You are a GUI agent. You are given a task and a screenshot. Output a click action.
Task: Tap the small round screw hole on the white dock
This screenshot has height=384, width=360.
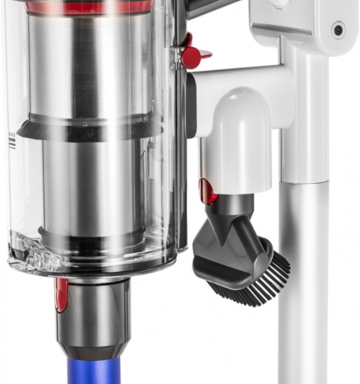pyautogui.click(x=337, y=29)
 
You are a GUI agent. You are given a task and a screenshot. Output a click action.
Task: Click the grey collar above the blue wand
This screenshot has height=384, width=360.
pyautogui.click(x=96, y=314)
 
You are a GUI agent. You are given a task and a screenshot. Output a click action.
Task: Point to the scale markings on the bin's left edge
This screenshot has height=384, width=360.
pyautogui.click(x=12, y=141)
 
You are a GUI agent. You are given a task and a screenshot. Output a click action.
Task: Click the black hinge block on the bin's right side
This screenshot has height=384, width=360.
pyautogui.click(x=191, y=109)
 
